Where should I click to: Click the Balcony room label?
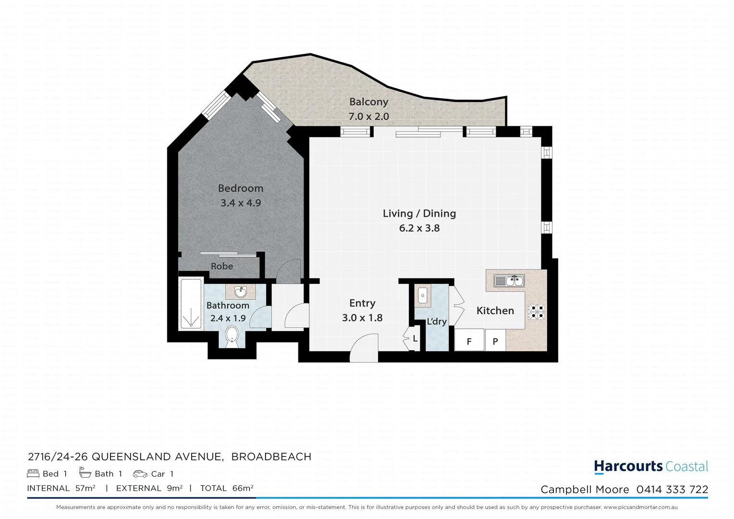pyautogui.click(x=368, y=102)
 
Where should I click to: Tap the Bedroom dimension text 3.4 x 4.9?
pyautogui.click(x=241, y=203)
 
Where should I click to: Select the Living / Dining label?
pyautogui.click(x=419, y=213)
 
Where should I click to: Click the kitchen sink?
pyautogui.click(x=509, y=281)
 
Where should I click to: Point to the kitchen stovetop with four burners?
pyautogui.click(x=536, y=312)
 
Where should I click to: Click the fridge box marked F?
pyautogui.click(x=469, y=341)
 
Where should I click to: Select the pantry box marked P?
pyautogui.click(x=495, y=341)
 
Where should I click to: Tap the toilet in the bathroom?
pyautogui.click(x=232, y=336)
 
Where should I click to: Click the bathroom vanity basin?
pyautogui.click(x=241, y=292)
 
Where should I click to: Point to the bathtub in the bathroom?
pyautogui.click(x=191, y=304)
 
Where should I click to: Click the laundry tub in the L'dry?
pyautogui.click(x=423, y=295)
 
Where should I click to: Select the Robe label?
pyautogui.click(x=222, y=266)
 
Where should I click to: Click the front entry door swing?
pyautogui.click(x=364, y=350)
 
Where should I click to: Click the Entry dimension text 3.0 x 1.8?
pyautogui.click(x=362, y=318)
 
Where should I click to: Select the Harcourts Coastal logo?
pyautogui.click(x=651, y=467)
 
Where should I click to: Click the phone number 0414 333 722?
pyautogui.click(x=672, y=490)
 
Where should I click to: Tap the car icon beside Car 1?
pyautogui.click(x=140, y=474)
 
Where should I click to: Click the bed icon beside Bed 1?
pyautogui.click(x=33, y=474)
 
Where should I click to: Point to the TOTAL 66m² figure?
pyautogui.click(x=227, y=488)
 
